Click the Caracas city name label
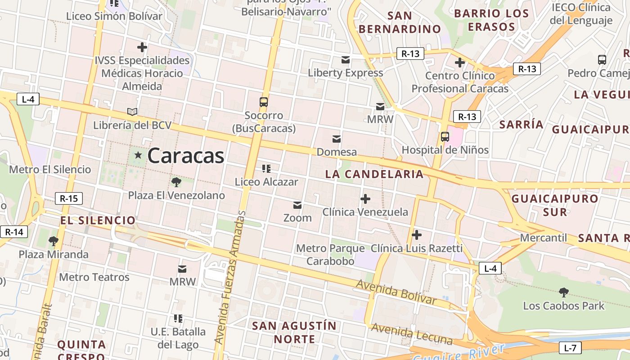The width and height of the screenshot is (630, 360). pos(185,156)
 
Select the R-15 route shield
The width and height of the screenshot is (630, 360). pos(69,198)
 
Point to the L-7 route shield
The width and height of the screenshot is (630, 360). pos(570,348)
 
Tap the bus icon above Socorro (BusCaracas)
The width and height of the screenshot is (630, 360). pos(264,102)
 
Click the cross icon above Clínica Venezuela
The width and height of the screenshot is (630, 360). pos(365,198)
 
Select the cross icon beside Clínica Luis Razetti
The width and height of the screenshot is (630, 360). pos(417,234)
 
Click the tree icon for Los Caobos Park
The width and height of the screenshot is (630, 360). pos(563,292)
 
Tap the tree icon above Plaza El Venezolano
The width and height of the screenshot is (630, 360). pos(176,182)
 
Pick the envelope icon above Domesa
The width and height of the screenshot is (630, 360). pos(337,139)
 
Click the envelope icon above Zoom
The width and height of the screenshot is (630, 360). pos(297,205)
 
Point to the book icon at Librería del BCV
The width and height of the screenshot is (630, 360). pos(132,112)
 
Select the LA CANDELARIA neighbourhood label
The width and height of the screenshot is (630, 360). pos(374,174)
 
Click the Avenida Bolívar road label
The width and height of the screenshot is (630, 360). pos(396,292)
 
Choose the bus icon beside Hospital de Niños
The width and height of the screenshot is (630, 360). pos(445,137)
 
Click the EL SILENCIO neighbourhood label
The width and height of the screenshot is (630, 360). pos(98,220)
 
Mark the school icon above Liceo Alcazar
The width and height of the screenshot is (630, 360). pos(266,169)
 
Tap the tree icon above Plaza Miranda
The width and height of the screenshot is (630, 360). pos(54,241)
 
